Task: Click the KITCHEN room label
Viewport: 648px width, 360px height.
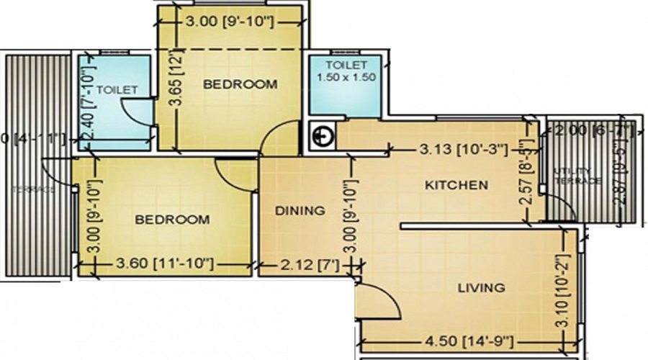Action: [x=456, y=185]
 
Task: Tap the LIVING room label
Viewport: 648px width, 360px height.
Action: [x=481, y=288]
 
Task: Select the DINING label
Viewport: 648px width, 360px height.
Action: [x=300, y=211]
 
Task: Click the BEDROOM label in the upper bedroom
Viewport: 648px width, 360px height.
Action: [x=240, y=84]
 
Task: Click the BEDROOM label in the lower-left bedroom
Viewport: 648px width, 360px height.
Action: [x=173, y=219]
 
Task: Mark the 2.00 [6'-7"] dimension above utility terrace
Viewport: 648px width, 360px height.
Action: [x=590, y=131]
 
